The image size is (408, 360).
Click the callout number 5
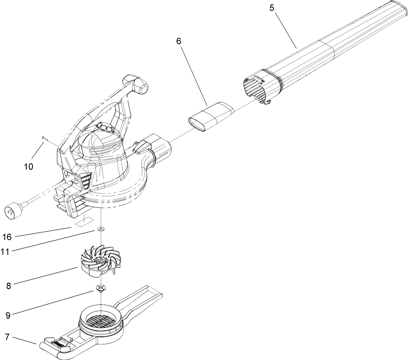(272, 7)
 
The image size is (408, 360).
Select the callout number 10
(29, 167)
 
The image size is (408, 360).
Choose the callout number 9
(8, 315)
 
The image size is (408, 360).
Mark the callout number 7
(7, 337)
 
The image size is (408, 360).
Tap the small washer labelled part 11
(100, 229)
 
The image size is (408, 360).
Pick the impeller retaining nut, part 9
(100, 288)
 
